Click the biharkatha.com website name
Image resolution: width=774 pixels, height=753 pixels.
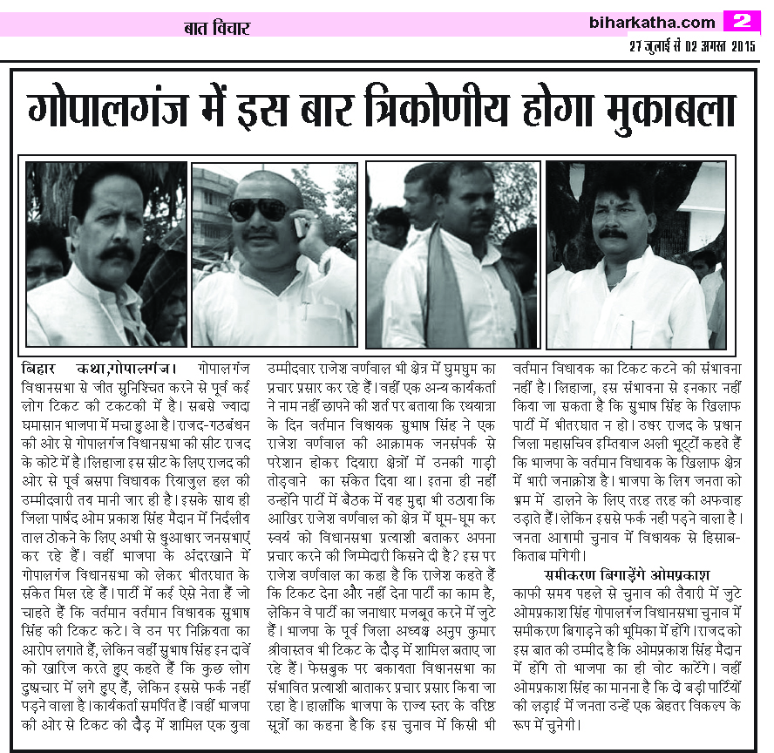pyautogui.click(x=652, y=22)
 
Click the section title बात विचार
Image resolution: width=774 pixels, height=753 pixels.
pyautogui.click(x=216, y=28)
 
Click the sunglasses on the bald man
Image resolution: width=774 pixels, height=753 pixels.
pyautogui.click(x=259, y=209)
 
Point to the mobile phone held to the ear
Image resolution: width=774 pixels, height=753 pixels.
pyautogui.click(x=301, y=227)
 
